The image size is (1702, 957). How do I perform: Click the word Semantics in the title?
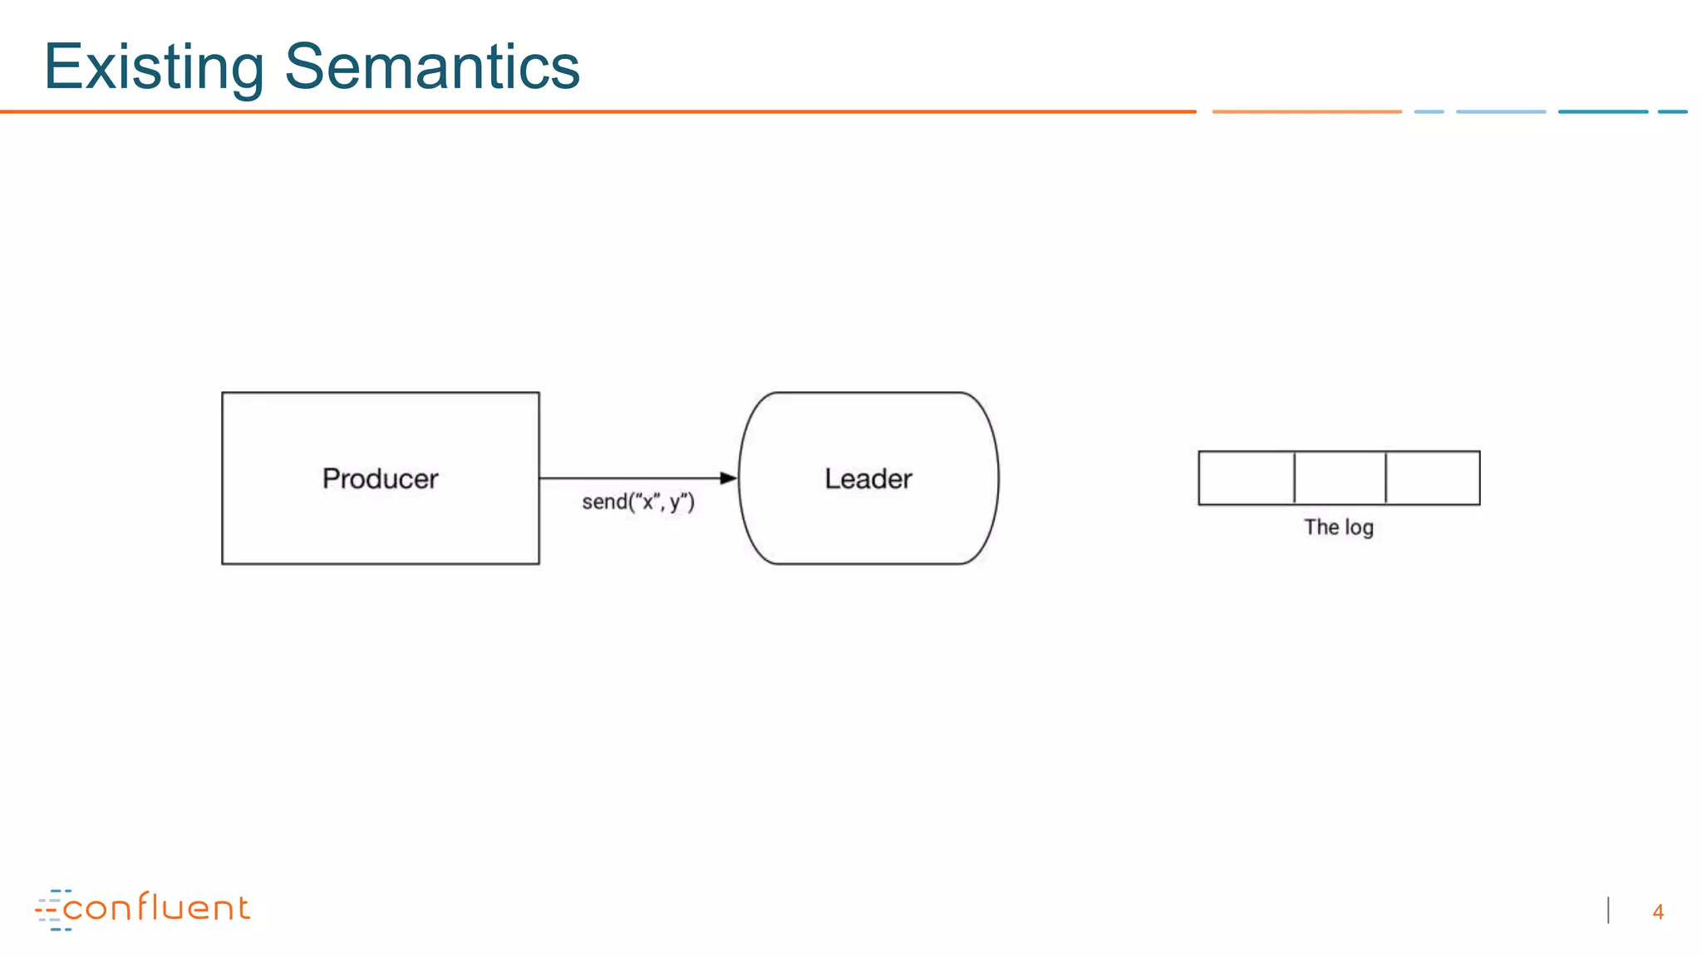point(432,66)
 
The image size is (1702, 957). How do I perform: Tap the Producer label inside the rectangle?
point(380,478)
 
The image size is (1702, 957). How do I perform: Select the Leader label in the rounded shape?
point(868,478)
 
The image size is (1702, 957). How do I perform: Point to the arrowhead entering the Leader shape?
point(729,478)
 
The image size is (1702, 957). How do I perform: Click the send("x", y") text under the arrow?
point(637,502)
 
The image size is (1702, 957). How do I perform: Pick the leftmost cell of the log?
point(1246,478)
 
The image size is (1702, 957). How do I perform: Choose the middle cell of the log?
point(1340,478)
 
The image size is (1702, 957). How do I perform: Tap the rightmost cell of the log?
point(1433,478)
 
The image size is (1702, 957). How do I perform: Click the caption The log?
point(1338,528)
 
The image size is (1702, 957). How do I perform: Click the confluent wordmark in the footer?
point(156,908)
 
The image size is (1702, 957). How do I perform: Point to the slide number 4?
point(1658,912)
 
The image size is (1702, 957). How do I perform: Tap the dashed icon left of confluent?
point(51,910)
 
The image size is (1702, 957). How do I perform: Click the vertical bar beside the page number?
point(1609,910)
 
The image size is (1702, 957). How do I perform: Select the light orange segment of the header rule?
point(1306,111)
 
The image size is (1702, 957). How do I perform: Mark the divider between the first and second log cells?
point(1294,478)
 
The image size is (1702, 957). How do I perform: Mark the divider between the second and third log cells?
point(1385,478)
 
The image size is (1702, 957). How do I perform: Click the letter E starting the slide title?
point(61,66)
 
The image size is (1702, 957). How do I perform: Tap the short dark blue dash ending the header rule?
point(1672,111)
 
